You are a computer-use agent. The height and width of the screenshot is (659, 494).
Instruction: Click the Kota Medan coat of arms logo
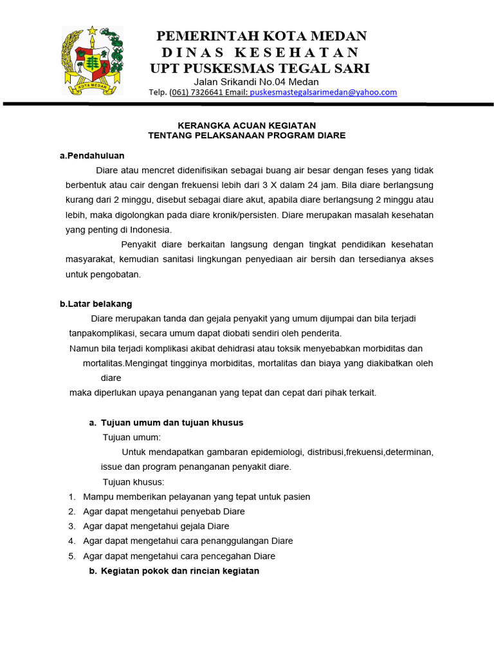91,60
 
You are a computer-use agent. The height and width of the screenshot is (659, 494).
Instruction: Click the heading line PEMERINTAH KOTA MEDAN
261,35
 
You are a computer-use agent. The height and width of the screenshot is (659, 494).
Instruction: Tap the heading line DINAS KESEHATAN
260,52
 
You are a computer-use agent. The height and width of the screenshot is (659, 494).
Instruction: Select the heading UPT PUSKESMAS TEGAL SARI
260,68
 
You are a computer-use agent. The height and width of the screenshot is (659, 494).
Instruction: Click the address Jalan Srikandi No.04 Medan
256,82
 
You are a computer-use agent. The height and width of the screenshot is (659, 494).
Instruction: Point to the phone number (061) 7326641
196,92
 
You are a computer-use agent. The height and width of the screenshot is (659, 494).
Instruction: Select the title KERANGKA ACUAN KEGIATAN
246,125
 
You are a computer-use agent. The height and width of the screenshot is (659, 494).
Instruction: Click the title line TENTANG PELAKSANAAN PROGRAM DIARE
246,135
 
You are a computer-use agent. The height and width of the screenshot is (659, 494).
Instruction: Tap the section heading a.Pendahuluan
92,155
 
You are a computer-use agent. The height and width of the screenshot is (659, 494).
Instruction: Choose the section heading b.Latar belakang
96,304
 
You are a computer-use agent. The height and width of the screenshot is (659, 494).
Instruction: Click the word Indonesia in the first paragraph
151,229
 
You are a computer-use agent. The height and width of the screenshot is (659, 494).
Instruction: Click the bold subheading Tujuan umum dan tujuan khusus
172,423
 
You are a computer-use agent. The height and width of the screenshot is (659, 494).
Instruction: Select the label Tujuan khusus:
133,482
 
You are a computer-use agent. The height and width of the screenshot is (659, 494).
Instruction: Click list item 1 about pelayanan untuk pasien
196,497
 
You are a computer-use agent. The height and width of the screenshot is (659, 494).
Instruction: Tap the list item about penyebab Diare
164,512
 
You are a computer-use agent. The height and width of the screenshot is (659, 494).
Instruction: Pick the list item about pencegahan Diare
179,556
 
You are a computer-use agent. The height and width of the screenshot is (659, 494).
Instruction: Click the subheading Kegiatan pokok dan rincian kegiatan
179,571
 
